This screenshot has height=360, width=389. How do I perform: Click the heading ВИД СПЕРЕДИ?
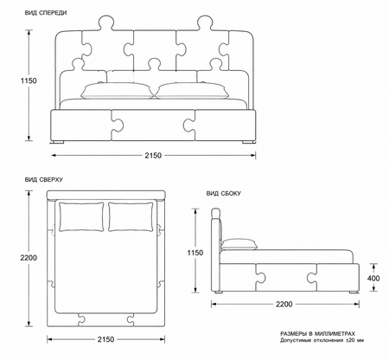(46, 13)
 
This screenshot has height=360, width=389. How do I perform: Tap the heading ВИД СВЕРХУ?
(44, 180)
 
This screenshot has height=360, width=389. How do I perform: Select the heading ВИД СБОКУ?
(224, 194)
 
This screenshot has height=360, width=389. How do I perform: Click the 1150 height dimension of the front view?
(29, 80)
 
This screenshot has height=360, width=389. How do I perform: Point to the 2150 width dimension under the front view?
(153, 156)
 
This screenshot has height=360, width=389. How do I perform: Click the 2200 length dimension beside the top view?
(29, 258)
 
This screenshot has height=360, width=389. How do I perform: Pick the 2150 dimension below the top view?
(105, 339)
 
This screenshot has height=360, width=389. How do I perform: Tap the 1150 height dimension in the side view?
(195, 253)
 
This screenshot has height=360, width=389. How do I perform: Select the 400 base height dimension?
(373, 279)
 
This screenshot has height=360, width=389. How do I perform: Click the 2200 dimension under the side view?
(284, 304)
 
